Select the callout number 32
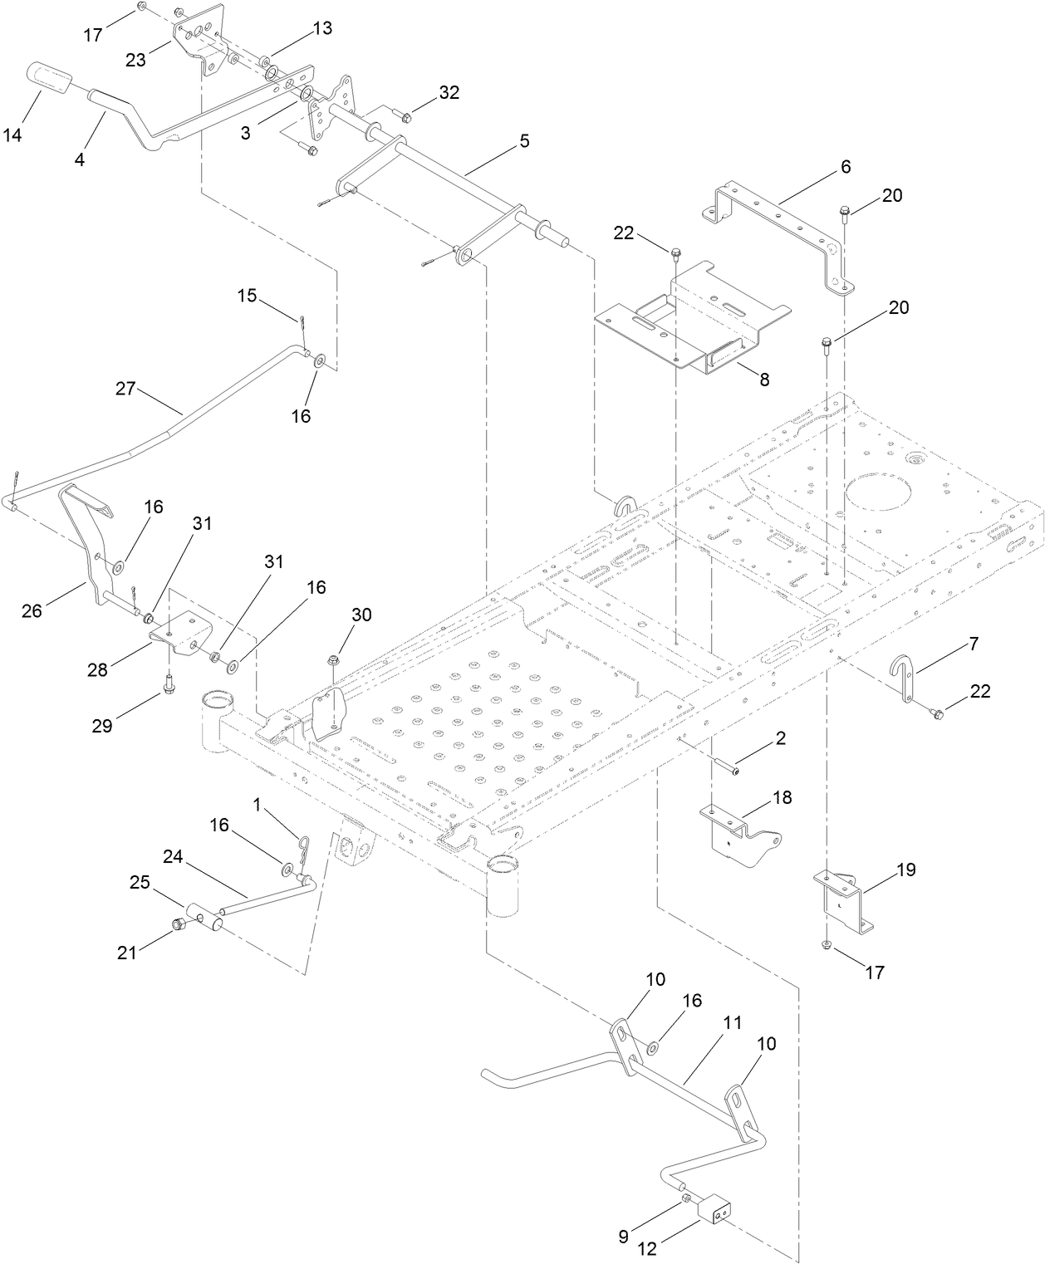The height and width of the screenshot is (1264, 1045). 449,92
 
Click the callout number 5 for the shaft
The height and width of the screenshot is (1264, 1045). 523,140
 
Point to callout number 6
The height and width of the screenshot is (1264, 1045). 845,166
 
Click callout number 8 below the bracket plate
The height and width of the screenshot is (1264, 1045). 763,380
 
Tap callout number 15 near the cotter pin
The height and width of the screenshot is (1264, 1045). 248,295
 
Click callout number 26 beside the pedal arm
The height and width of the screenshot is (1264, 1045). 32,611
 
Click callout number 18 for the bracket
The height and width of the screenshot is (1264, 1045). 782,797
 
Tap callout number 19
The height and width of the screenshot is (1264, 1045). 905,870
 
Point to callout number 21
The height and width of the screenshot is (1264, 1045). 126,953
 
